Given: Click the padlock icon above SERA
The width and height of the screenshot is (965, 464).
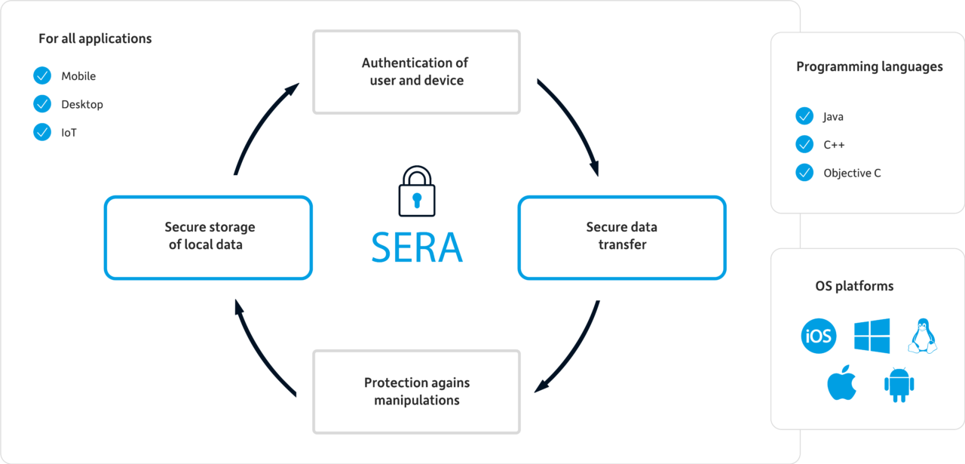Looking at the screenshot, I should point(416,192).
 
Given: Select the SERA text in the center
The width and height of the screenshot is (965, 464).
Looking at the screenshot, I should point(416,246).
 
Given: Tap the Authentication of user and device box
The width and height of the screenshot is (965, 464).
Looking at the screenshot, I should point(416,72).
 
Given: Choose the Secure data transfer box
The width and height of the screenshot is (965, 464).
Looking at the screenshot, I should point(622,235).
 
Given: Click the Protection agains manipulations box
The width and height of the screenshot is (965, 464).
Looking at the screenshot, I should point(416,391).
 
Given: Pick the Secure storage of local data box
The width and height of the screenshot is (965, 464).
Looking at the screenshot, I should point(208,235).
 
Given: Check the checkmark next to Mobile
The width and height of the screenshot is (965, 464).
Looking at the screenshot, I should point(42,76).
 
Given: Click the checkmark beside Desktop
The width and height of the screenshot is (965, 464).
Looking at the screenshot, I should point(42,104).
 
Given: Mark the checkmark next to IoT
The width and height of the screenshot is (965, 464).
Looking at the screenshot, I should point(42,132).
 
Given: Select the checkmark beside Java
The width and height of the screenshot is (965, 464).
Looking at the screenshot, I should point(804,117).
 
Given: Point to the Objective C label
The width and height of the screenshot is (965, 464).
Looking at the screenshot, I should point(852,173).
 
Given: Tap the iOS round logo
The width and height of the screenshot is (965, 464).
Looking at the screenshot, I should point(818,336).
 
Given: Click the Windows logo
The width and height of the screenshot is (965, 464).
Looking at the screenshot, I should point(872,336).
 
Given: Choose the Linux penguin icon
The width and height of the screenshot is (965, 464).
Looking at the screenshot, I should point(921,336).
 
